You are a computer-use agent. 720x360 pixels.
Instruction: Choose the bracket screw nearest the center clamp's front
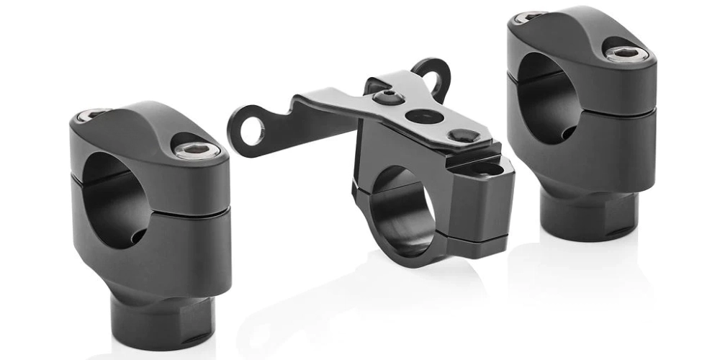pyautogui.click(x=460, y=135)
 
